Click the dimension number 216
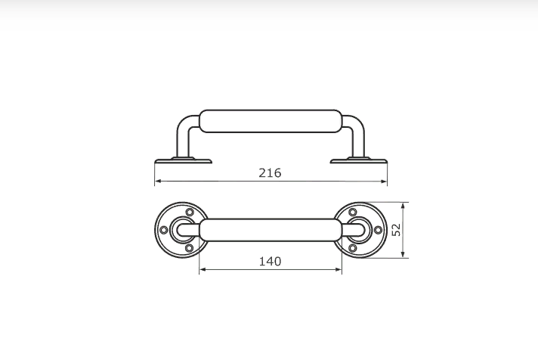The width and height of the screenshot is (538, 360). tap(270, 172)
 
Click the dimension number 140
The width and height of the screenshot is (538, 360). tap(270, 262)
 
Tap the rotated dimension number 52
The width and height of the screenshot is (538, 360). tap(396, 230)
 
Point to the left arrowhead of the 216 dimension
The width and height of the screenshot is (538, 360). tap(158, 181)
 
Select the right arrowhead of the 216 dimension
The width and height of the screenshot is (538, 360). tap(384, 182)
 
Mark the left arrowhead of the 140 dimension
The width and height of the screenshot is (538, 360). tap(203, 270)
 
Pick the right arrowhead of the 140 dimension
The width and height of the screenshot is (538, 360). tap(339, 270)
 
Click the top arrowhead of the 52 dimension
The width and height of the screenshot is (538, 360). tap(403, 206)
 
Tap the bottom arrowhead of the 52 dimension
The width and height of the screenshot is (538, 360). tap(403, 254)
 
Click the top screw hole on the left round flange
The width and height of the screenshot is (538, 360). tap(190, 212)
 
